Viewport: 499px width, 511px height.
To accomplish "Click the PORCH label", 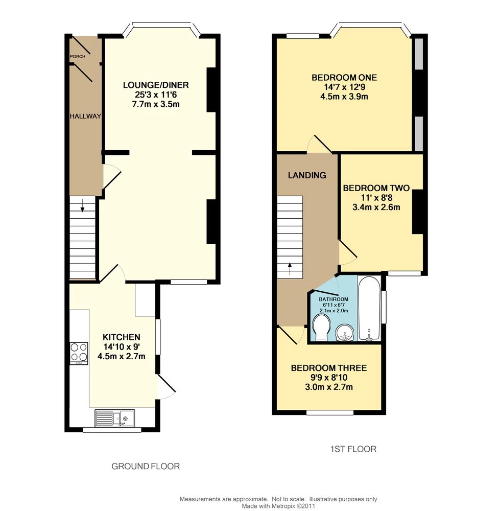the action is (78, 56).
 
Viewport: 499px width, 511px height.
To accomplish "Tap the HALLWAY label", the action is (85, 116).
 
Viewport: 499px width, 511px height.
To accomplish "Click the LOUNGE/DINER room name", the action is (156, 85).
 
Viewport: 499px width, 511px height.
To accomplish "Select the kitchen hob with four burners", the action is (79, 354).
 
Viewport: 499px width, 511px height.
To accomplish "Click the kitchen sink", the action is (114, 418).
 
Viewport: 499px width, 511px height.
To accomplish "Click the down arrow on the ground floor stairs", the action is (82, 205).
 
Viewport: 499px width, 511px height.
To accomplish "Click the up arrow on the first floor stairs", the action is (290, 269).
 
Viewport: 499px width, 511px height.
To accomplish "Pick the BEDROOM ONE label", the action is (344, 78).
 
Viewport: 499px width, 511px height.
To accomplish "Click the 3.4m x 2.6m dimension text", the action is (376, 207).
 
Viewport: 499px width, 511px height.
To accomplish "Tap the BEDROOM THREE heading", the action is (329, 368).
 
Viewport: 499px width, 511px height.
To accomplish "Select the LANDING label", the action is (307, 175).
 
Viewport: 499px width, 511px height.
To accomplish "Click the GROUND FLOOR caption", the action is (146, 467).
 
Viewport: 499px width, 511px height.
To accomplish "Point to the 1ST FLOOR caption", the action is (353, 449).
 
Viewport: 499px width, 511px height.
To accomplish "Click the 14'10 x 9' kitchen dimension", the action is (121, 347).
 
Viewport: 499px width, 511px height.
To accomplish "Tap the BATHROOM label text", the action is (334, 299).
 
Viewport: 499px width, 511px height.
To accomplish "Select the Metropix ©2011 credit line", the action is (278, 506).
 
